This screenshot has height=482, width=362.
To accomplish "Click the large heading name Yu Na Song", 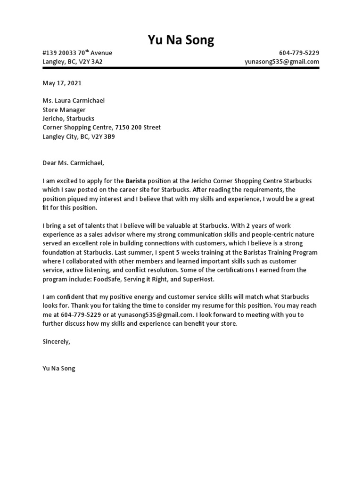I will (x=181, y=40).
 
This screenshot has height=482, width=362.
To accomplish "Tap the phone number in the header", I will (x=299, y=53).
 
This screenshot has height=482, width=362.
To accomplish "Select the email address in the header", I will (x=282, y=62).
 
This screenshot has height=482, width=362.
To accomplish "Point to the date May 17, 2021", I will (x=62, y=83).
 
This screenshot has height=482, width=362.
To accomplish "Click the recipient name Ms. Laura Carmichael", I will (x=74, y=100).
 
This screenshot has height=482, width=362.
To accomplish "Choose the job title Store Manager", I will (x=64, y=110).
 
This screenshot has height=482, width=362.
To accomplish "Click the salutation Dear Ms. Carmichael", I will (x=72, y=163).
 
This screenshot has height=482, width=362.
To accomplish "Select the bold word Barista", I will (x=136, y=181).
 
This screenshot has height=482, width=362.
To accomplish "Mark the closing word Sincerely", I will (x=56, y=341).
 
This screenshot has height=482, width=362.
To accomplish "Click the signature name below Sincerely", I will (x=58, y=369).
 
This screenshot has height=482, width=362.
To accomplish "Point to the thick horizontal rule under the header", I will (x=181, y=68).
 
